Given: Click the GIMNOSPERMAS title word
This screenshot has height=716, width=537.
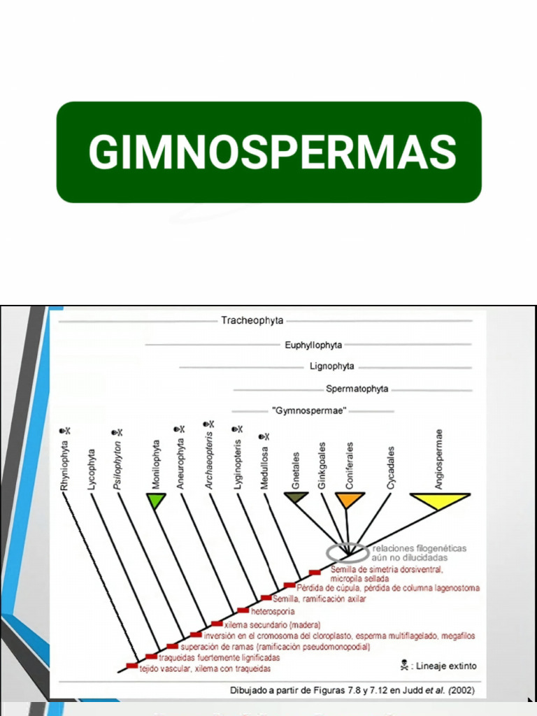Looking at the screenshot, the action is (272, 152).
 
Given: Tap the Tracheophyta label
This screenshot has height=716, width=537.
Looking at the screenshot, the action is (252, 321).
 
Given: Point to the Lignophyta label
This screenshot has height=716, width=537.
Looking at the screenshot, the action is (332, 366).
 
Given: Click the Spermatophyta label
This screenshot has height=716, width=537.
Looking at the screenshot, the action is (357, 389).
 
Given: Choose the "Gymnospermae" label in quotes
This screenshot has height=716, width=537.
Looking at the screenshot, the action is (309, 411).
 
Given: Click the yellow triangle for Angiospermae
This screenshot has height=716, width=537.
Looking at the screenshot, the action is (439, 500).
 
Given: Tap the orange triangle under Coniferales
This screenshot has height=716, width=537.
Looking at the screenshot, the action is (350, 499).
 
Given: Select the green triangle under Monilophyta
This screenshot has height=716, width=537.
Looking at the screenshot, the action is (156, 500).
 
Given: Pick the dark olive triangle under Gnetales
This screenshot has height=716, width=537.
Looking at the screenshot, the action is (296, 498).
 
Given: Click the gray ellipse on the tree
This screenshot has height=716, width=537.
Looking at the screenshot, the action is (348, 553).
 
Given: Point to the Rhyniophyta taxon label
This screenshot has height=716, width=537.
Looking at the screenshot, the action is (64, 464).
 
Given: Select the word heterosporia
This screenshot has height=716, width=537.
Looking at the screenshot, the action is (272, 611).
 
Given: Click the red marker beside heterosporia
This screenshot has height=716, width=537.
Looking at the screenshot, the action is (243, 611).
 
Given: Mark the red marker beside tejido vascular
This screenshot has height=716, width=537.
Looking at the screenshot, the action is (131, 666).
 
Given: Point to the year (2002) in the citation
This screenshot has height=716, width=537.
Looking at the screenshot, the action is (462, 690).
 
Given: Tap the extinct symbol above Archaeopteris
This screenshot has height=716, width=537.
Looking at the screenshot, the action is (208, 424).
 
